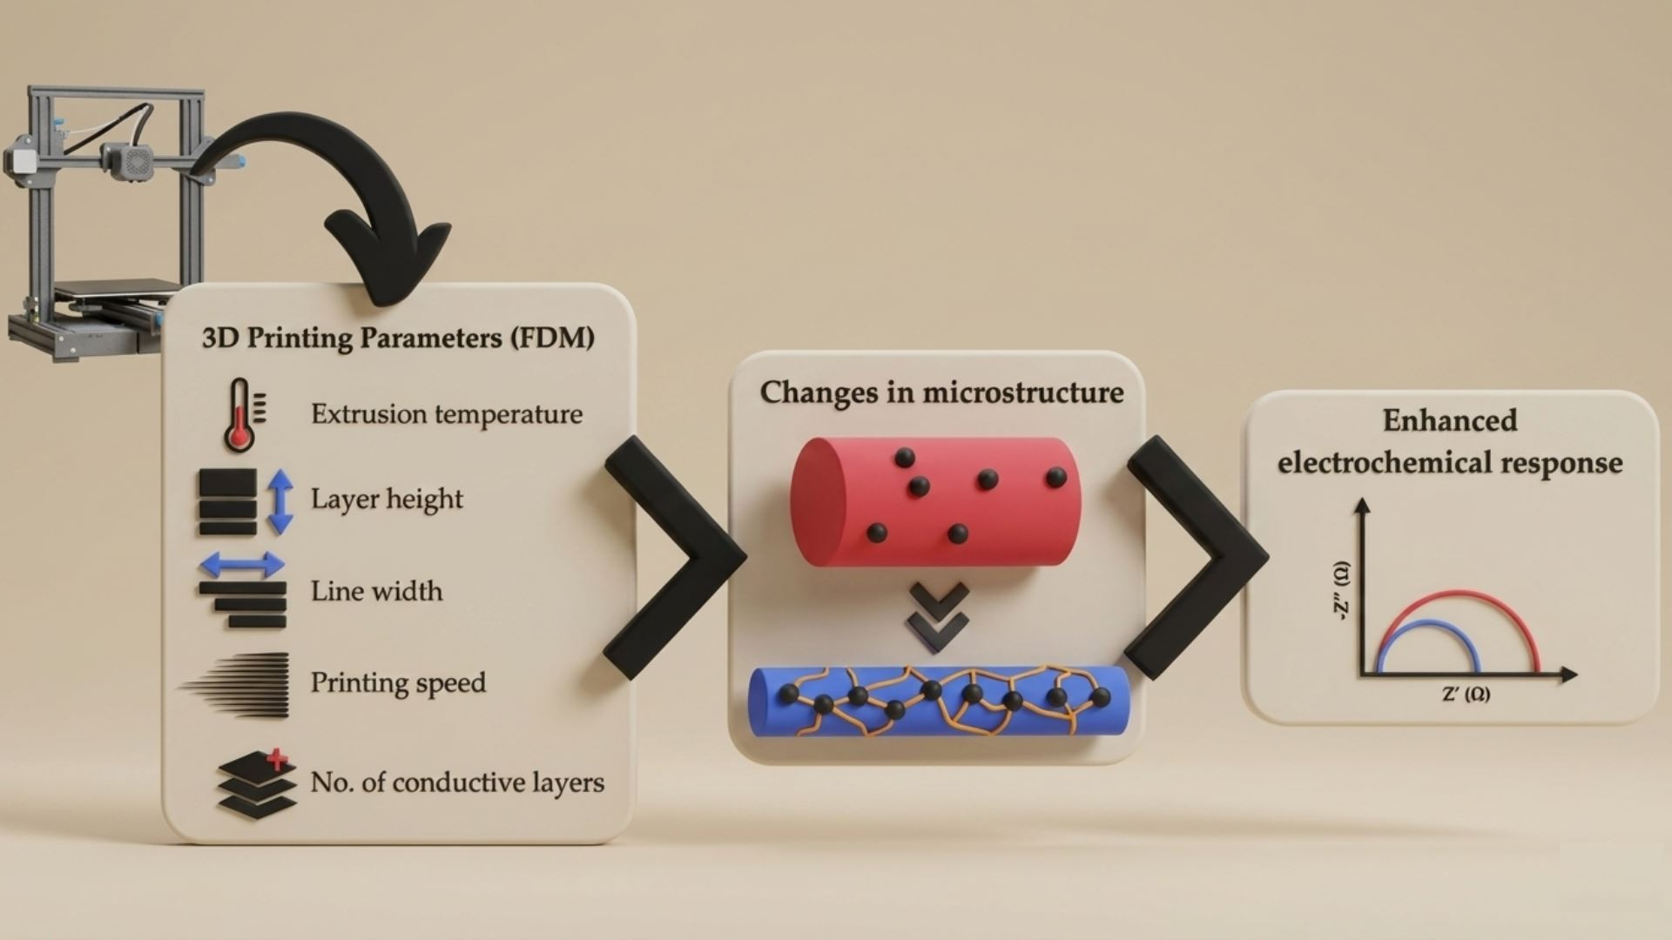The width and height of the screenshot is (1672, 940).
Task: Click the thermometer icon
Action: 239,415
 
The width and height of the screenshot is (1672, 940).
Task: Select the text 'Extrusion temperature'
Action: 446,414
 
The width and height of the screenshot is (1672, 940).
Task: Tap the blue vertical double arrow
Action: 280,501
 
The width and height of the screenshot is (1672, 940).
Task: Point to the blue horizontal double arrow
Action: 242,565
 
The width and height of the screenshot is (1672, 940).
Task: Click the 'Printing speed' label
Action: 398,683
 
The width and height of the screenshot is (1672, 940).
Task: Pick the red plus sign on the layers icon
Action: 277,759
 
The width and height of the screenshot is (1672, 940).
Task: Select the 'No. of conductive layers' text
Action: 457,782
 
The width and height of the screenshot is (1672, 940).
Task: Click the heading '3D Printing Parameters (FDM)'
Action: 398,338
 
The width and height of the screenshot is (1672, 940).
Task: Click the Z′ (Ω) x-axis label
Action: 1466,695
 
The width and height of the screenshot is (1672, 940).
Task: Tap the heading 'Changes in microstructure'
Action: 941,393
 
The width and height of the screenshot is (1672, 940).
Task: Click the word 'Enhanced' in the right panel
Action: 1449,421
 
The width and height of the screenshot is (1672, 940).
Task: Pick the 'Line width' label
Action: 376,592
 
